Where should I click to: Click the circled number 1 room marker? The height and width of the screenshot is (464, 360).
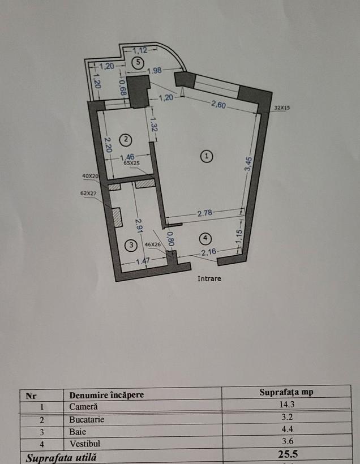coord(207,156)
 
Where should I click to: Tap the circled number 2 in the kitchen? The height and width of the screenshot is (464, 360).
coord(126,139)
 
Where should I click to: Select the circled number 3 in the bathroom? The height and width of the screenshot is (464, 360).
coord(131,245)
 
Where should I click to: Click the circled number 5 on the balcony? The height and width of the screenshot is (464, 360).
coord(138,63)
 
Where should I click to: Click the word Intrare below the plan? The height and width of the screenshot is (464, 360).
coord(209,278)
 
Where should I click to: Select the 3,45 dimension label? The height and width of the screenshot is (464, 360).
coord(248,164)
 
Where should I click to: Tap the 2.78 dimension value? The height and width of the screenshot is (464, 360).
coord(205,213)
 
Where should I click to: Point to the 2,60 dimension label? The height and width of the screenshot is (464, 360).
coord(218,105)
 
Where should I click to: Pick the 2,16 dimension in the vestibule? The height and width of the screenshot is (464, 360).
coord(209,252)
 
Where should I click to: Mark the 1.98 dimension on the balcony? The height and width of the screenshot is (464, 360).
coord(155,70)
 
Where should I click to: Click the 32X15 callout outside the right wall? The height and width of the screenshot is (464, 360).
coord(282,108)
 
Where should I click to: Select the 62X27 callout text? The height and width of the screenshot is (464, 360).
coord(88,193)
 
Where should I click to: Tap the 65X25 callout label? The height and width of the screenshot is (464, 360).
coord(131,163)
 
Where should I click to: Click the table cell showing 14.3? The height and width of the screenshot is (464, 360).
coord(286,404)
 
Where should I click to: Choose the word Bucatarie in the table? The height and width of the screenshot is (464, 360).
coord(87,420)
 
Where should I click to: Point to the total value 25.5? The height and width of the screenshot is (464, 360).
coord(288,454)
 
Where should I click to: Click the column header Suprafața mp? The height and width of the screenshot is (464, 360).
coord(286,392)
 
